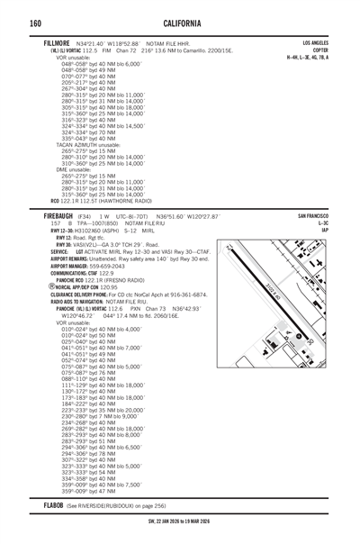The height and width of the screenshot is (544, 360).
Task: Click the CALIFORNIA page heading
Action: coord(180,23)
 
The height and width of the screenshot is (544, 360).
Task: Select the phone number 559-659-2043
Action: coord(110,267)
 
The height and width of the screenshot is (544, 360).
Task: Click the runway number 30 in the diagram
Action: coord(309,341)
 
